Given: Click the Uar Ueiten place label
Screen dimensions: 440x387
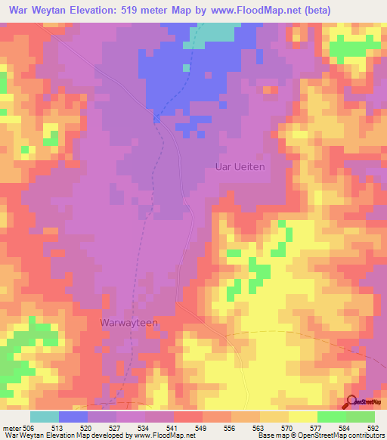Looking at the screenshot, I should pyautogui.click(x=240, y=167).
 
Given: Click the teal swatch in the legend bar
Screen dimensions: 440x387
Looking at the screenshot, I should pyautogui.click(x=45, y=417).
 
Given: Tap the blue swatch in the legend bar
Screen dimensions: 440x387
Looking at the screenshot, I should pyautogui.click(x=73, y=417).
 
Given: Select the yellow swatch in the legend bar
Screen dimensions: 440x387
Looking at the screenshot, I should pyautogui.click(x=302, y=417).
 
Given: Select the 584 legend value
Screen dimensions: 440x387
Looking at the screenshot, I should pyautogui.click(x=345, y=427).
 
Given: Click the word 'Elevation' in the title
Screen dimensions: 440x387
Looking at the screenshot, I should pyautogui.click(x=82, y=9).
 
